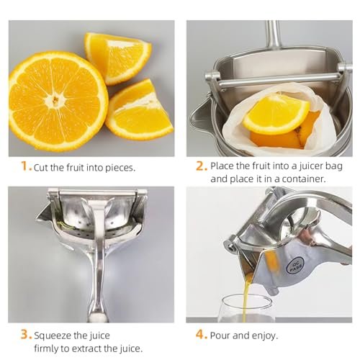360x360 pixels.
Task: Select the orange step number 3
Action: pos(24,335)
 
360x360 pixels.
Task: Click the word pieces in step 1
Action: pos(118,168)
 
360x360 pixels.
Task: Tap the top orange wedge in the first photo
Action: pos(117,56)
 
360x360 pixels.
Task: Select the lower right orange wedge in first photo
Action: pos(140,112)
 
